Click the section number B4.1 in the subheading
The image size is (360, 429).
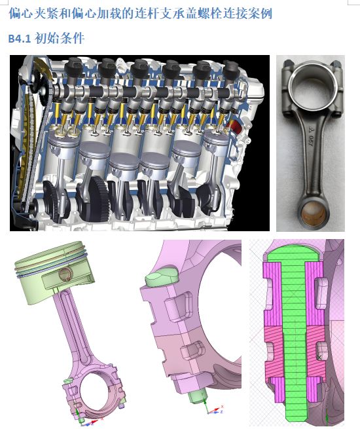20,39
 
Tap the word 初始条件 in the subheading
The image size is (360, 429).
60,38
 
